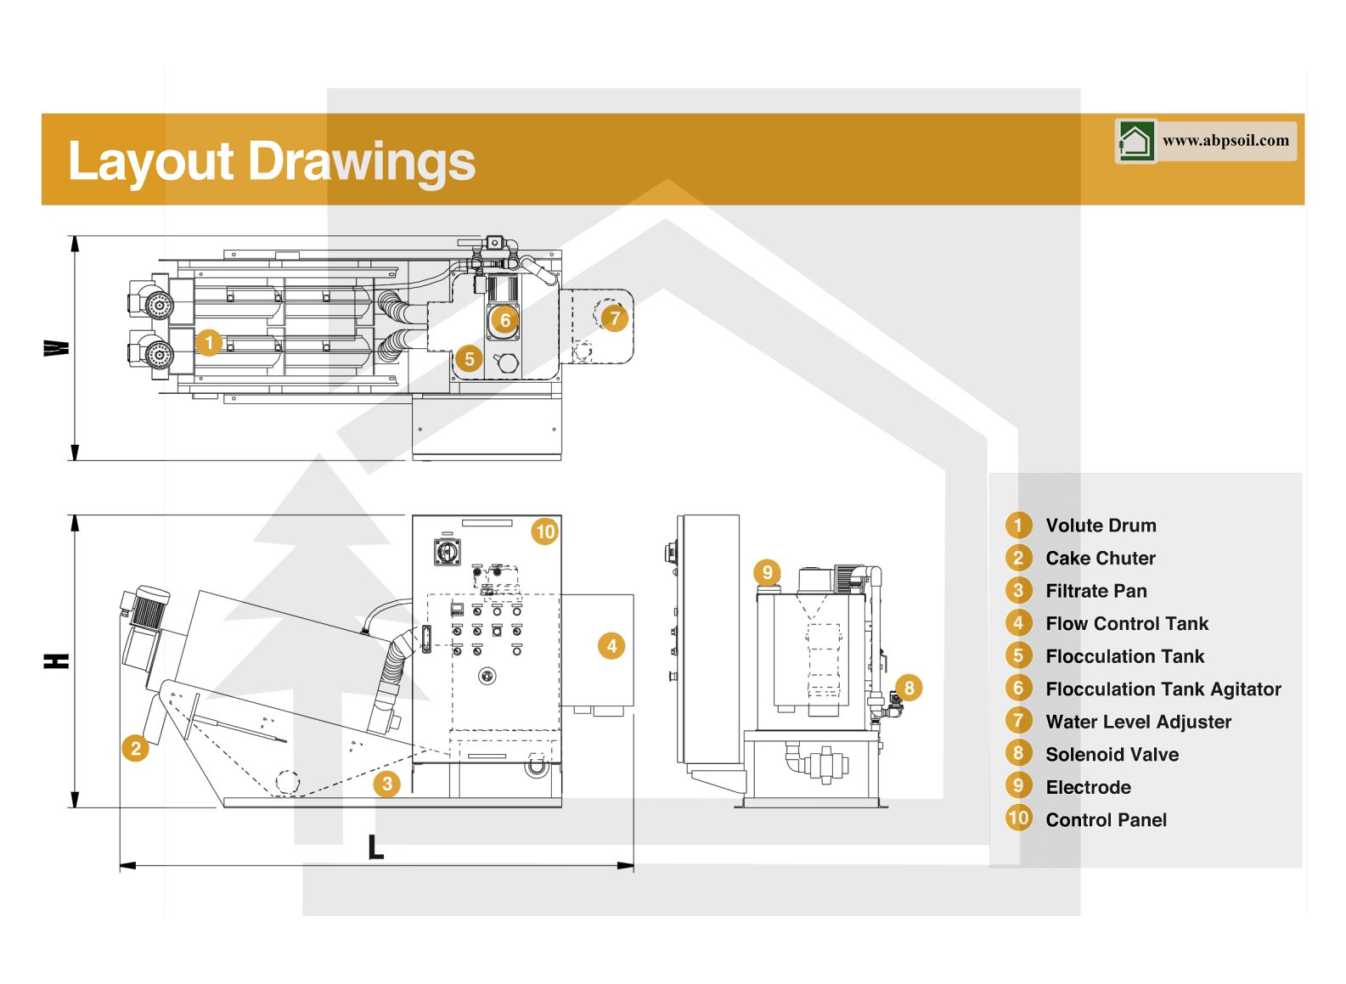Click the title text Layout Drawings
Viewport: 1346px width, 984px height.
271,161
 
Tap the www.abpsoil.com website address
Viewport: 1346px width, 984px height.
1225,141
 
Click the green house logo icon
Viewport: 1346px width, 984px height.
1135,141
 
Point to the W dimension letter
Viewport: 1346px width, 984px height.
57,348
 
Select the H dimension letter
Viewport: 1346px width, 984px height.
57,661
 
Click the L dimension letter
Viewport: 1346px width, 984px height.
375,846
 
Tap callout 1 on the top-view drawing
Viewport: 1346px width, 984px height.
209,343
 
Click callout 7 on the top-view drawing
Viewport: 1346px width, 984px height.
615,318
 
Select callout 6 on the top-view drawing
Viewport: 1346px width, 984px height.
505,320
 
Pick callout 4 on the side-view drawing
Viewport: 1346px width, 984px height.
611,646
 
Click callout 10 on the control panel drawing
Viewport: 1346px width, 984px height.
545,531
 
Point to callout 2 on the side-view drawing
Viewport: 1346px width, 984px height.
136,748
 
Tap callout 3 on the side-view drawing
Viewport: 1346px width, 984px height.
387,783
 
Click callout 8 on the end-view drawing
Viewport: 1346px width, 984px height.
909,688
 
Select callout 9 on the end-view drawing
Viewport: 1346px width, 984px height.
767,572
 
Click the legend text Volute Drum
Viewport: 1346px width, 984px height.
1101,526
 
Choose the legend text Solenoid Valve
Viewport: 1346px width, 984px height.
1112,755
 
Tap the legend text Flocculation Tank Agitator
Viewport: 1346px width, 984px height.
1163,689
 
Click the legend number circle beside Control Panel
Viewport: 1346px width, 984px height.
1018,818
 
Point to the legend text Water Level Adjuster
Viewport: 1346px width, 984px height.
1138,722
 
